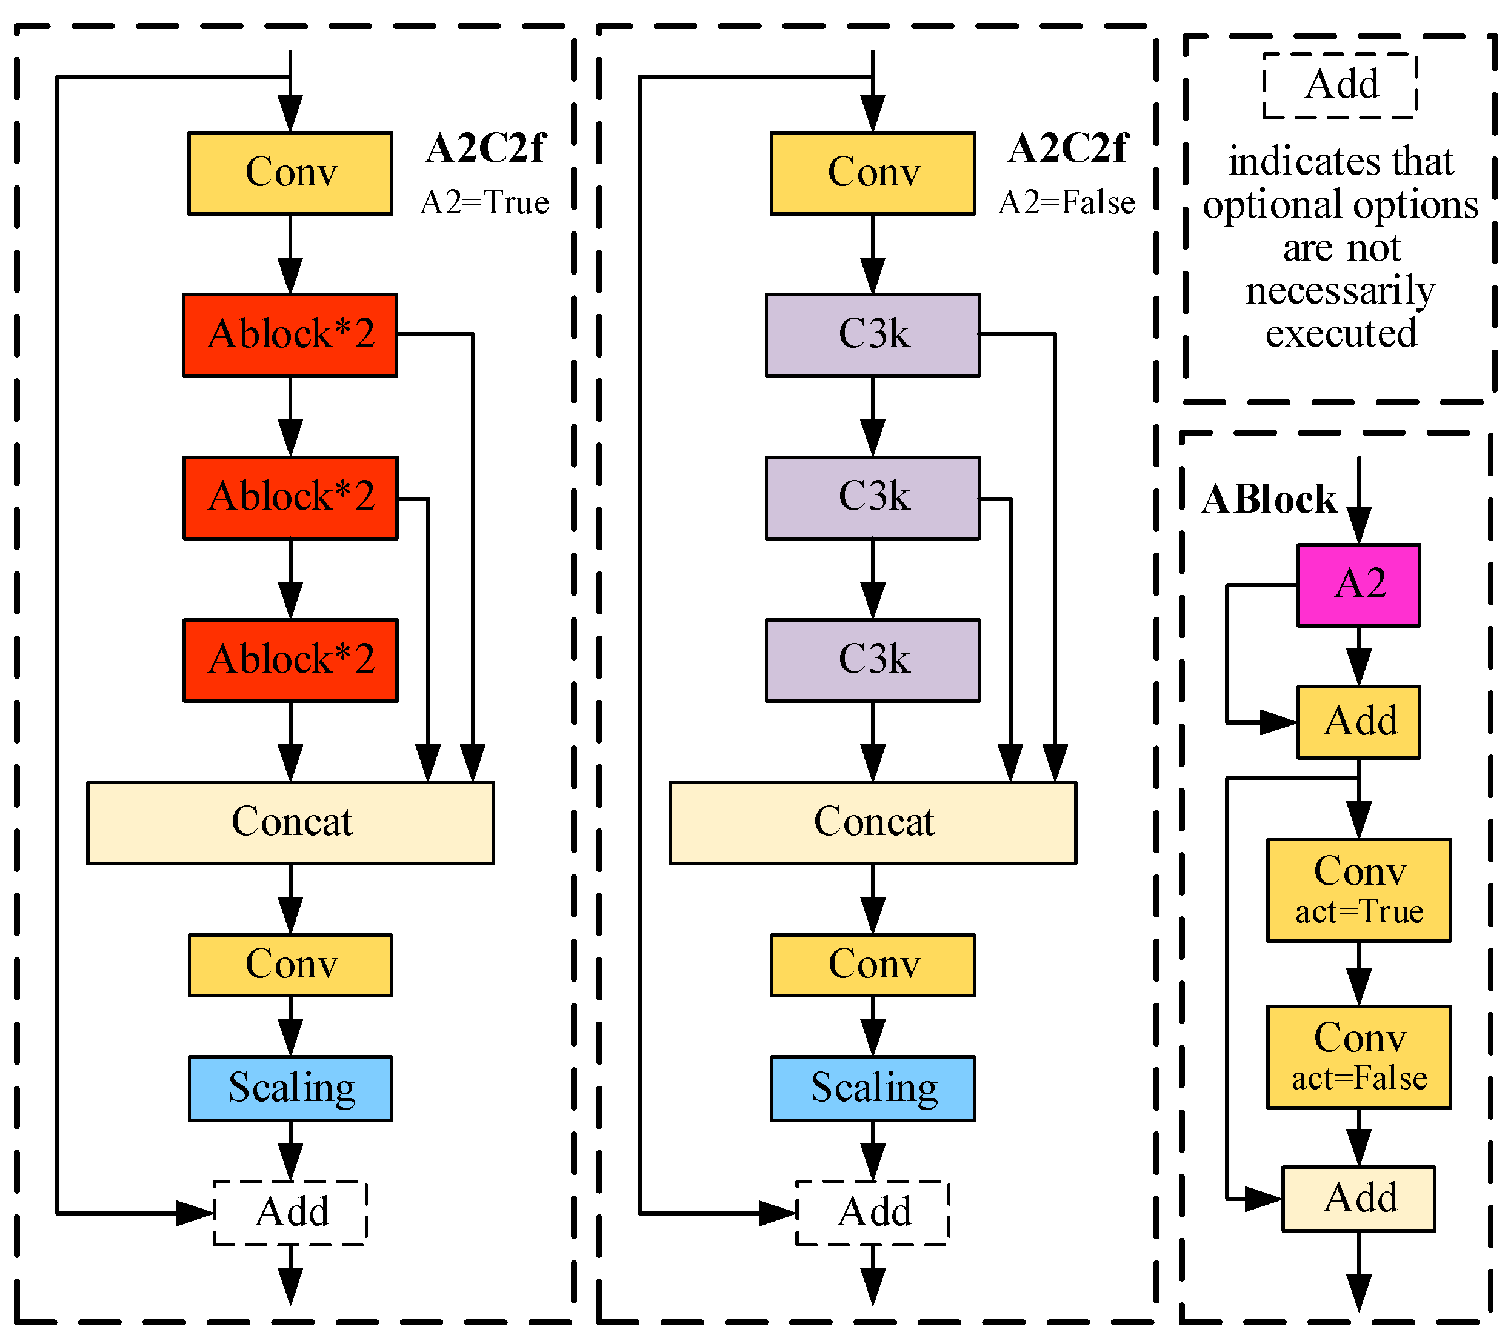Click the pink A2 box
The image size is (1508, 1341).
click(1358, 585)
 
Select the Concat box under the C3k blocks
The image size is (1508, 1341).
click(872, 822)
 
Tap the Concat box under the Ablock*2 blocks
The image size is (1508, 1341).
click(290, 822)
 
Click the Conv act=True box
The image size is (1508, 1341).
click(1358, 890)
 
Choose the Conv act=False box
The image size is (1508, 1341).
click(1358, 1056)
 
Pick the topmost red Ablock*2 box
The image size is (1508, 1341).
click(290, 335)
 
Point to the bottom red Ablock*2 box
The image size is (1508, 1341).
click(290, 659)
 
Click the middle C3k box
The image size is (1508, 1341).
click(872, 497)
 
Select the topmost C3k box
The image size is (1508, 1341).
click(872, 335)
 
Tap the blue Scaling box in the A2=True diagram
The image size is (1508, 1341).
click(290, 1088)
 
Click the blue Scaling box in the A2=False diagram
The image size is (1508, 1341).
click(872, 1088)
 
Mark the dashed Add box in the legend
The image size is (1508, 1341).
click(1340, 85)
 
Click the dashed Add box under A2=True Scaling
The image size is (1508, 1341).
click(290, 1212)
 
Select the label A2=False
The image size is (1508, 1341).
click(1066, 202)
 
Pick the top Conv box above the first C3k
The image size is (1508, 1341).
click(872, 173)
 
